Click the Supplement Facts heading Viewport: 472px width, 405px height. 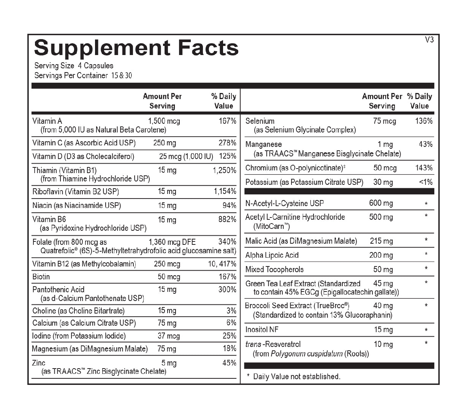coord(136,48)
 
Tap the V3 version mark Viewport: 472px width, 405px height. coord(429,39)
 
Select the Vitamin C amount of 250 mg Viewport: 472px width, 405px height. coord(165,143)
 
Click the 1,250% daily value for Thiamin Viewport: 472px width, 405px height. coord(224,170)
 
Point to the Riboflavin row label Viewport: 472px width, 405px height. coord(76,191)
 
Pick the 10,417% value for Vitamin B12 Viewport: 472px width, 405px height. coord(222,264)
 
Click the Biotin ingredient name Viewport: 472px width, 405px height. coord(41,277)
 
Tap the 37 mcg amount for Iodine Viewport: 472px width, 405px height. coord(169,336)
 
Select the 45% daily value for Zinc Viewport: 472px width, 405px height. coord(229,363)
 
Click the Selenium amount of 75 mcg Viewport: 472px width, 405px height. coord(384,121)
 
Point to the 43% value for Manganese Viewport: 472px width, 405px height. coord(425,144)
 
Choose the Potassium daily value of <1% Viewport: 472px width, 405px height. coord(426,182)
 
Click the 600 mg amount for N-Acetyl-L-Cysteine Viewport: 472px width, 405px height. coord(381,203)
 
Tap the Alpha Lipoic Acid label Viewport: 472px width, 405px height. coord(272,255)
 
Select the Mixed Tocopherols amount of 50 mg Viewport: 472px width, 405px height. coord(383,269)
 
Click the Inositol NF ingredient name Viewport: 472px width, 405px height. coord(262,329)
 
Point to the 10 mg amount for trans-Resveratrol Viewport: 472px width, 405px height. coord(383,344)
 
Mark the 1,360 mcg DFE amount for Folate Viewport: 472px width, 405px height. coord(172,242)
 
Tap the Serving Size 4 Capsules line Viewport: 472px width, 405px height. coord(74,65)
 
